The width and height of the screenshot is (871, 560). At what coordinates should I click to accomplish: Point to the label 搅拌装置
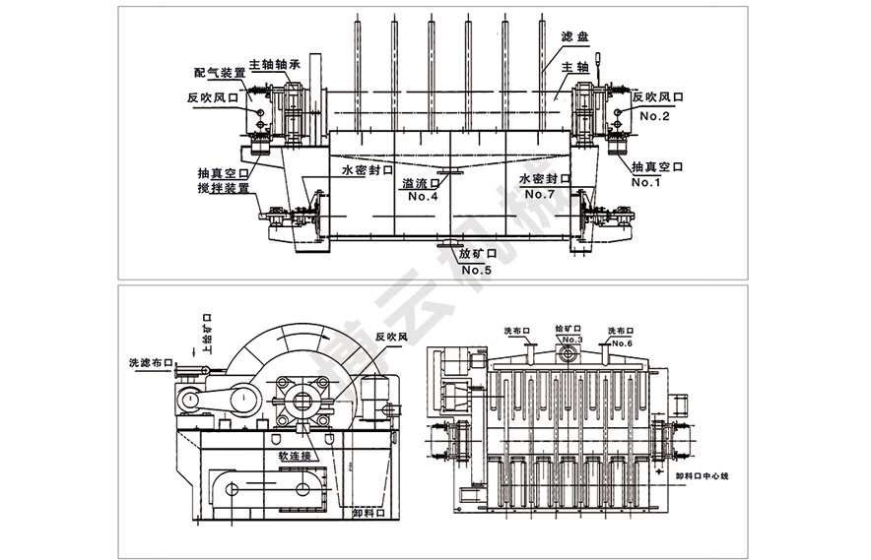click(x=223, y=186)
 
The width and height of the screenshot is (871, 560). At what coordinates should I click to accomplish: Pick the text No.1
click(x=648, y=182)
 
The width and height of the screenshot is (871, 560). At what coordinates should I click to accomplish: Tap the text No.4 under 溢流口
click(x=423, y=197)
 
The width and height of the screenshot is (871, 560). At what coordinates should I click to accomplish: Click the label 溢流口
click(x=423, y=183)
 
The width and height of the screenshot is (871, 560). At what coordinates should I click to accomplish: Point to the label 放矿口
click(x=477, y=254)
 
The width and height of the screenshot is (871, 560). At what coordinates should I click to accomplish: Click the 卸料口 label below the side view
click(x=368, y=512)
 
